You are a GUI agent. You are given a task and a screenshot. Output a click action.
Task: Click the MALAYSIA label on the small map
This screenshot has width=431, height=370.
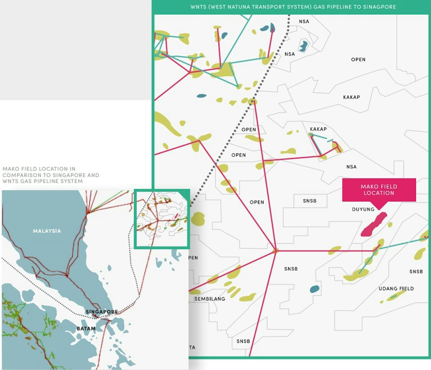tap(47, 231)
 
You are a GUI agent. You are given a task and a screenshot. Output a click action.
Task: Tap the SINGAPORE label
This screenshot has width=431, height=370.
tap(102, 312)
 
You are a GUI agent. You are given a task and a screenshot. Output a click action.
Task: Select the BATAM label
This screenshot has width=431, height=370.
tap(86, 329)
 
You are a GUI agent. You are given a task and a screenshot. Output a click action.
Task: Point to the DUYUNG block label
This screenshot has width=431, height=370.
tap(363, 209)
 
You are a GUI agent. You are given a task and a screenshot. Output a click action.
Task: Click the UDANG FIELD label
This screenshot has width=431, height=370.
tap(396, 289)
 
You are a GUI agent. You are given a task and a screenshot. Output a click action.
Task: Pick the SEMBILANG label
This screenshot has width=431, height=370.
tap(210, 299)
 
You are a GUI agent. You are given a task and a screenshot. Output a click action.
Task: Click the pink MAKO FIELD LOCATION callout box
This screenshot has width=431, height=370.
tap(379, 189)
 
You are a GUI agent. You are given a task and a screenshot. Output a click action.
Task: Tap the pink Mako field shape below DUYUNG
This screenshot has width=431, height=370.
tap(374, 224)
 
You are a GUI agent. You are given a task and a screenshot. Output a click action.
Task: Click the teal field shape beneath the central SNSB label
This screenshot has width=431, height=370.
tap(315, 289)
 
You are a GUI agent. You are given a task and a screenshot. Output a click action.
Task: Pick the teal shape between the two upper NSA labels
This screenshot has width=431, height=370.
tap(303, 46)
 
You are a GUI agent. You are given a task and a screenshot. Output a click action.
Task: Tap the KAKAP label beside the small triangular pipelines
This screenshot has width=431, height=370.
tap(318, 129)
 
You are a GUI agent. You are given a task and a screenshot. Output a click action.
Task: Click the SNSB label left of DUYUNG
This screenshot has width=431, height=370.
tap(310, 201)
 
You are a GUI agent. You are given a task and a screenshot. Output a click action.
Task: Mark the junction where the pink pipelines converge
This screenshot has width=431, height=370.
tap(275, 250)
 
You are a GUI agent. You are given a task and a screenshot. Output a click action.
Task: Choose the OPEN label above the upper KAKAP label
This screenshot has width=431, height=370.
tap(358, 60)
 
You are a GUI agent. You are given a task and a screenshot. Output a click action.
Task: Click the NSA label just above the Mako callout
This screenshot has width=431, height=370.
tap(351, 167)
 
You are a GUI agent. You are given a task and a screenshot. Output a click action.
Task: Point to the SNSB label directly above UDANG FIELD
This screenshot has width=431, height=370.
tap(416, 271)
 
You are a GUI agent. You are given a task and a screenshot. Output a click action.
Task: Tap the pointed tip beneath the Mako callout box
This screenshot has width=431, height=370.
tap(379, 208)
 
